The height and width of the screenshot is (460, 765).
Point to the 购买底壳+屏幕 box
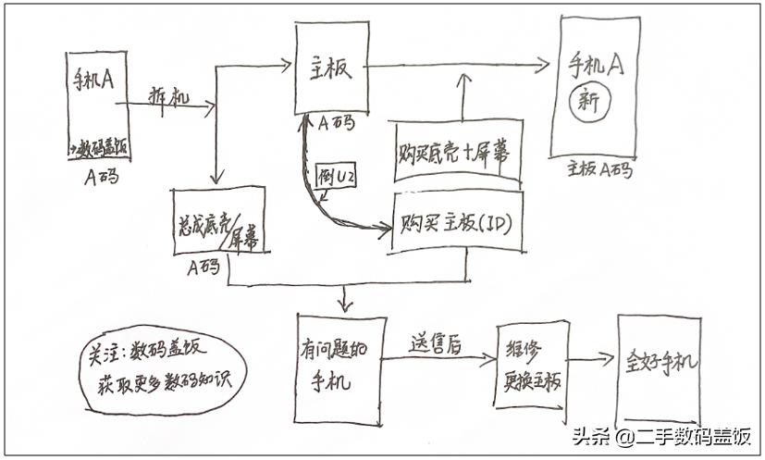coord(456,150)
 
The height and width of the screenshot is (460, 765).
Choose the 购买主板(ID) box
coord(457,222)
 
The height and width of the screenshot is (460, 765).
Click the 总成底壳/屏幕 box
coord(218,220)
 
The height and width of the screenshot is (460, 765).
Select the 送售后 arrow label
coord(436,342)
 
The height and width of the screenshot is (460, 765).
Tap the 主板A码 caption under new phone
coord(598,170)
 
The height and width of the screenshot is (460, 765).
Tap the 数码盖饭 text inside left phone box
coord(100,145)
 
